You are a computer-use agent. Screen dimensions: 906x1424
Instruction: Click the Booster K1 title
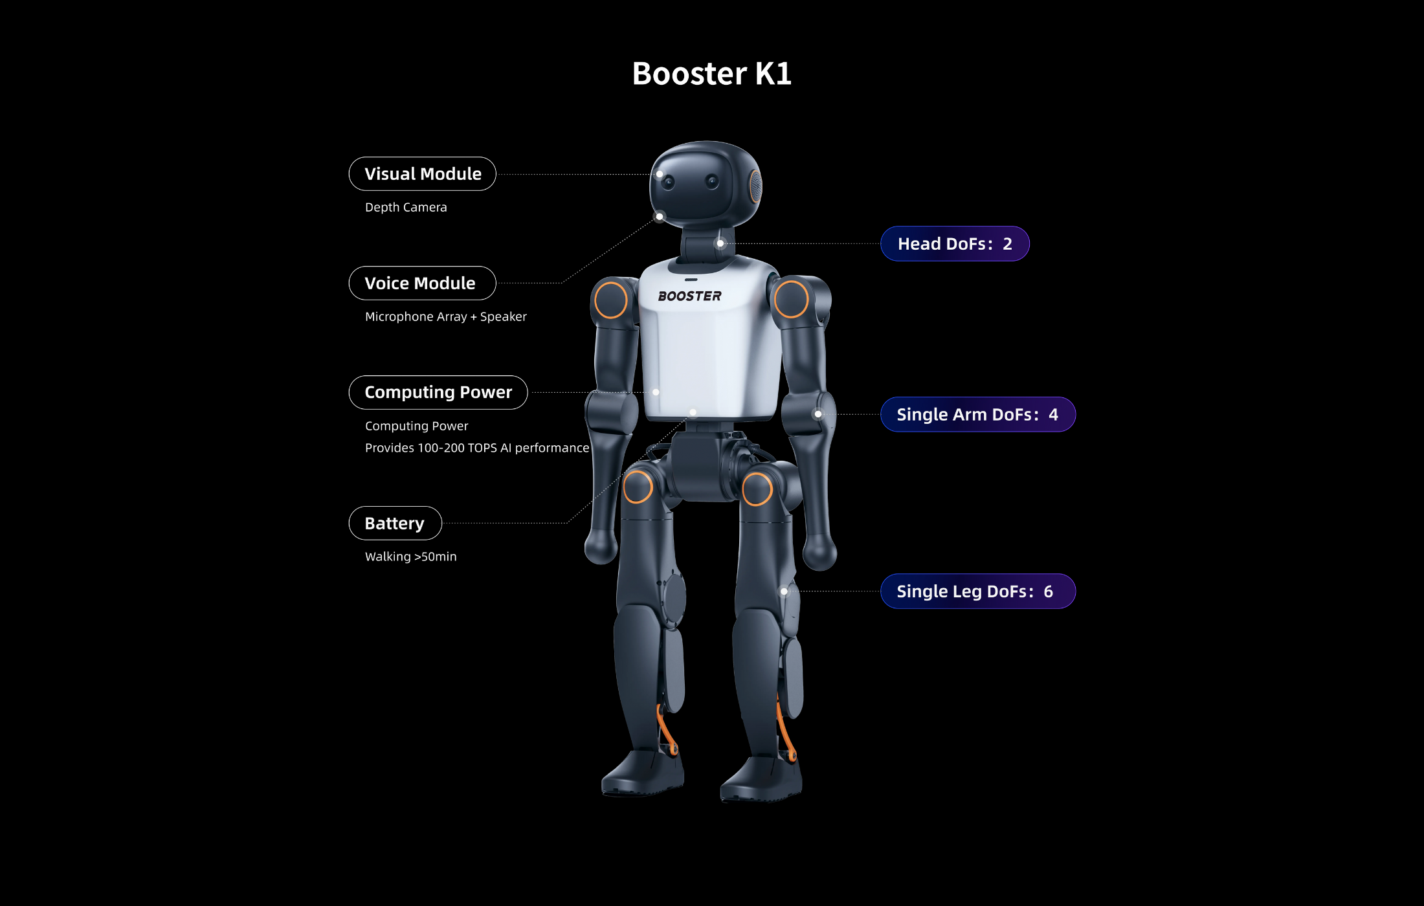click(711, 73)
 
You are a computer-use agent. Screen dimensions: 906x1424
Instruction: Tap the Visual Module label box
click(422, 173)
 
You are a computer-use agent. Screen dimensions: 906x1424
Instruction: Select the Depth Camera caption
click(406, 207)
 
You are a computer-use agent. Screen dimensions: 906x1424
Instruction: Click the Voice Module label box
click(422, 283)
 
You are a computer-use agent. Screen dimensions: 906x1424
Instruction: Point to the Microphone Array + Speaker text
click(445, 316)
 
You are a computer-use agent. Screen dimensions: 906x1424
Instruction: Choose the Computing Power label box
click(438, 392)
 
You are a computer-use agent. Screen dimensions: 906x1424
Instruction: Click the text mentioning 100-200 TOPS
click(477, 448)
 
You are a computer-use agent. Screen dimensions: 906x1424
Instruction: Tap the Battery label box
click(395, 523)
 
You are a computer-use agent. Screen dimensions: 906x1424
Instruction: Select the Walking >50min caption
click(410, 557)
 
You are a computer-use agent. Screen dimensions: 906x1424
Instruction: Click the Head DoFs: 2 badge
click(955, 244)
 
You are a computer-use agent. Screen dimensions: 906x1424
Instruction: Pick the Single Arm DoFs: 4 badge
click(977, 414)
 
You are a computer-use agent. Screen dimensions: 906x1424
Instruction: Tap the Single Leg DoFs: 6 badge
click(977, 591)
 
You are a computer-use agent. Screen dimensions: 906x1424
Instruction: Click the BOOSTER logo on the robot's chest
click(689, 296)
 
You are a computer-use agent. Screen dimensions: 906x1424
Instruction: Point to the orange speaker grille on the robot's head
click(755, 186)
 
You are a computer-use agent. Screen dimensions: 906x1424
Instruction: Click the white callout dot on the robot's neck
click(720, 243)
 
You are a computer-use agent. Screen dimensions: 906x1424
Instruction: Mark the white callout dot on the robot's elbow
click(818, 414)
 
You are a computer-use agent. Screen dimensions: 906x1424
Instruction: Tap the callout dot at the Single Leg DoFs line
click(784, 591)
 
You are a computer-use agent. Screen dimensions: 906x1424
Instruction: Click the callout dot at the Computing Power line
click(656, 392)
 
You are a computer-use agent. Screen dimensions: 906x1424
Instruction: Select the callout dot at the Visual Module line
click(660, 174)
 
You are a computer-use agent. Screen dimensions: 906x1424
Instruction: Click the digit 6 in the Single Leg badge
click(1048, 591)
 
